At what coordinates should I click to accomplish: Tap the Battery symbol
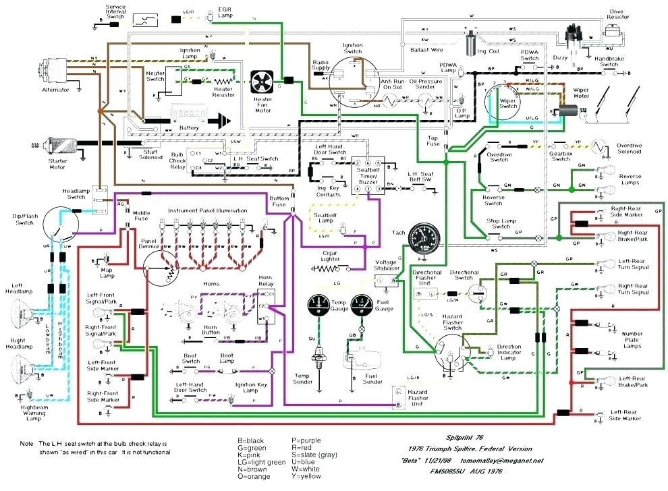coord(190,120)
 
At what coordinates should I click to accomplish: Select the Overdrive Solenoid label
coord(638,149)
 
